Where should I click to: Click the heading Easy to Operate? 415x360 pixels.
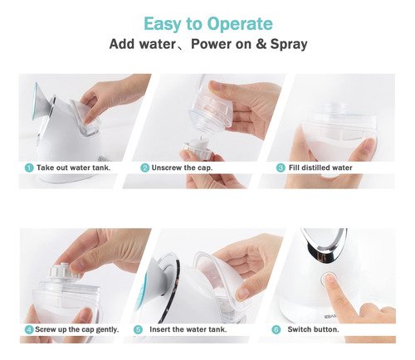[208, 24]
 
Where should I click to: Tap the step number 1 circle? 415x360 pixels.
[29, 168]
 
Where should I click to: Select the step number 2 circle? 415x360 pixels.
[144, 168]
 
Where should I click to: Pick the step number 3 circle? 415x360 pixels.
[281, 168]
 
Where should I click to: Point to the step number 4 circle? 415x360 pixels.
[29, 329]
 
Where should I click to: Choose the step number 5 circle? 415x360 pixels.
[138, 329]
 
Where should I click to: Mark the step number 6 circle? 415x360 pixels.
[276, 329]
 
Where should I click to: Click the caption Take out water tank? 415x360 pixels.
[73, 168]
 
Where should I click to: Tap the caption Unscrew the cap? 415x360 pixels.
[182, 168]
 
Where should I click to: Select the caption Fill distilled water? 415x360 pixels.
[320, 168]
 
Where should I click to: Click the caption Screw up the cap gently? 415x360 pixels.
[77, 329]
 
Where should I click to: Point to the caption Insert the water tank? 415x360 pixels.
[188, 329]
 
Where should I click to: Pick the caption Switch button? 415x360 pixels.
[313, 329]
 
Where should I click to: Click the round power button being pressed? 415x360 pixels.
[327, 279]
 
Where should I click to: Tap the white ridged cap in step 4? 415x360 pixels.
[64, 271]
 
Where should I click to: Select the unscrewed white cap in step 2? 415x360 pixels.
[198, 146]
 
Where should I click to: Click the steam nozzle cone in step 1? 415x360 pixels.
[43, 101]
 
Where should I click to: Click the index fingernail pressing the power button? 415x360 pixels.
[330, 278]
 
